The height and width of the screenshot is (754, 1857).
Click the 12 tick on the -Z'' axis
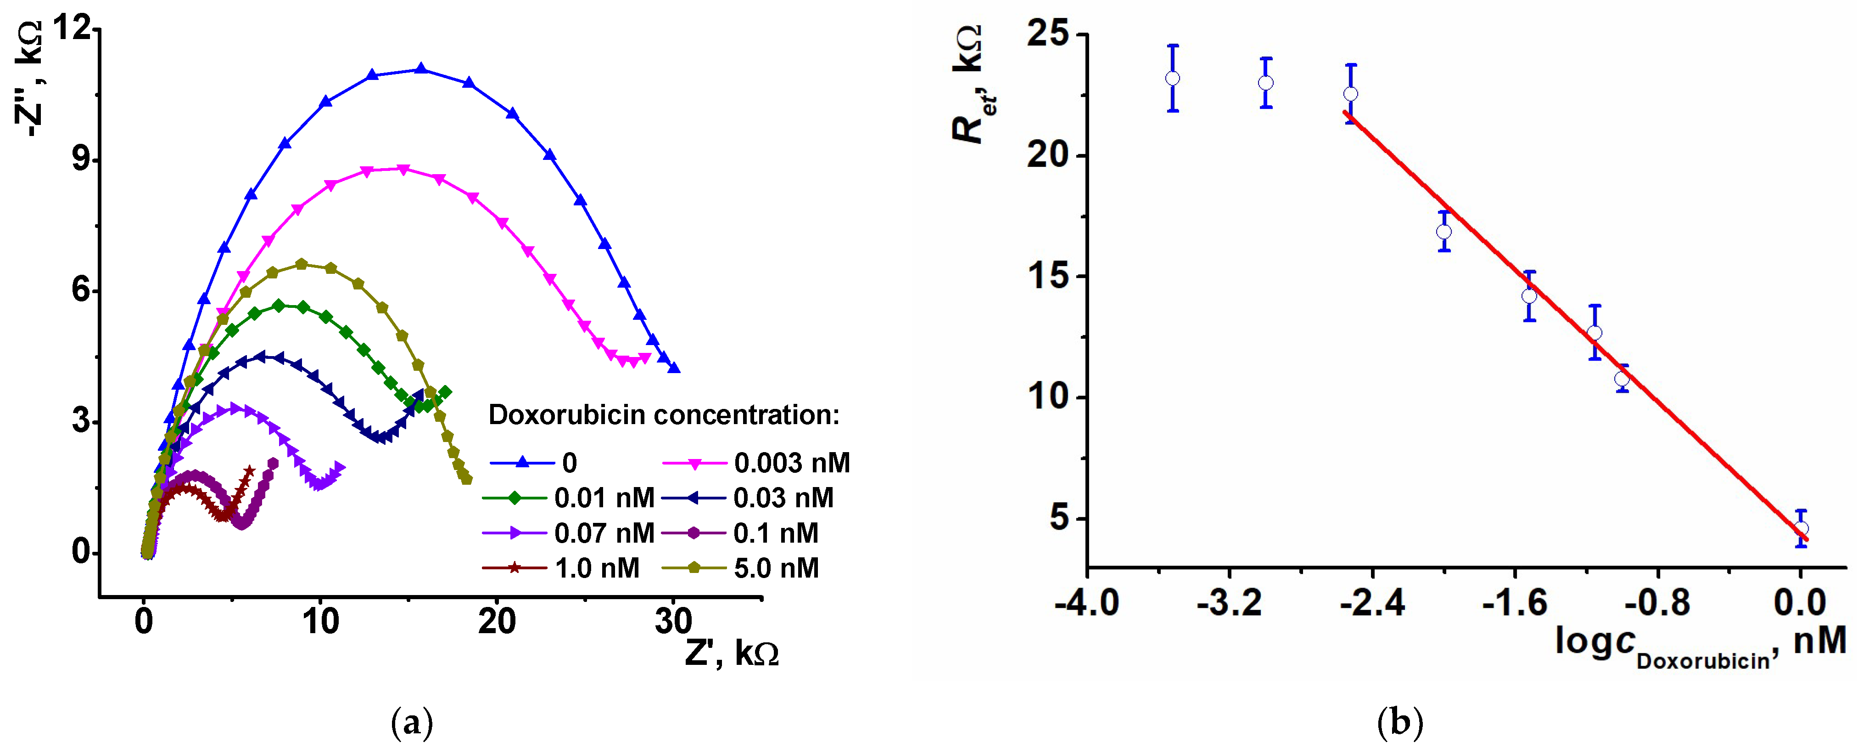[72, 29]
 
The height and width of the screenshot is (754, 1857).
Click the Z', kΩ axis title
[732, 653]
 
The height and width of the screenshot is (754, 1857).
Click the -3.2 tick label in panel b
[1229, 602]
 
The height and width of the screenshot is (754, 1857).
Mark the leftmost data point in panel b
[1173, 78]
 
